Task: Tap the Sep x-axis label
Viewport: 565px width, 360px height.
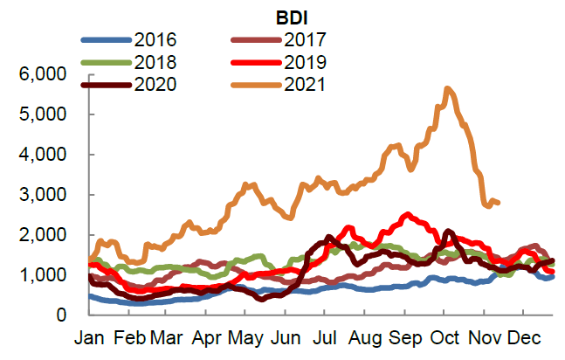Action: tap(404, 336)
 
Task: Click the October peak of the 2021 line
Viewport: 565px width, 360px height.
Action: tap(447, 88)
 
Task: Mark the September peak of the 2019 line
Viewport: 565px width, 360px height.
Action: tap(406, 214)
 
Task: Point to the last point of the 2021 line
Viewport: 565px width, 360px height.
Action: tap(498, 203)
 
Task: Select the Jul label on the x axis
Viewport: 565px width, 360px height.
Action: tap(324, 336)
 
